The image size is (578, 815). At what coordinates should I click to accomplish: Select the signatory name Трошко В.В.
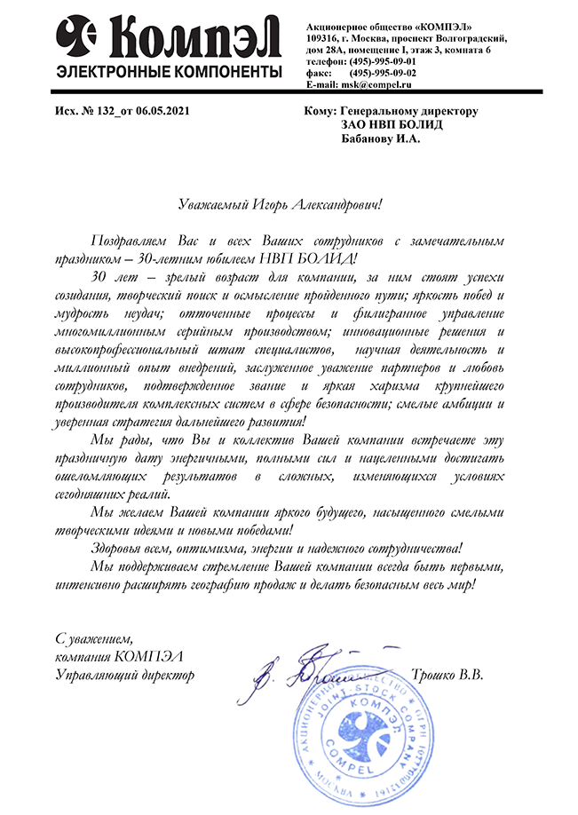(447, 675)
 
